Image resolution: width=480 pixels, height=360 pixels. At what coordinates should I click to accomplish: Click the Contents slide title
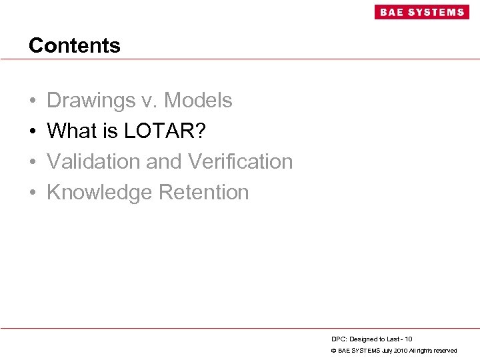(x=75, y=45)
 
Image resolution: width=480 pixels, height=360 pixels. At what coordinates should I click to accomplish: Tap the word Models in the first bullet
(x=198, y=101)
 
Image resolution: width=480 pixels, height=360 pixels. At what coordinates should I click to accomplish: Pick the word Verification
(x=241, y=162)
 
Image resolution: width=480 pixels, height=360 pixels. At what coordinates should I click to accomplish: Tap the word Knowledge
(x=99, y=193)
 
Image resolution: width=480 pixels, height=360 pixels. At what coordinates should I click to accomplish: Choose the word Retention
(x=203, y=193)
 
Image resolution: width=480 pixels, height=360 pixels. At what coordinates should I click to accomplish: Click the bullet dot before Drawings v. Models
(x=33, y=101)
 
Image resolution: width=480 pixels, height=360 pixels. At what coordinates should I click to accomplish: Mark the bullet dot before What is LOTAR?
(x=33, y=132)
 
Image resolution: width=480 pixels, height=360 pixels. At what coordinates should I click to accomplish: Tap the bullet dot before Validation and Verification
(x=33, y=163)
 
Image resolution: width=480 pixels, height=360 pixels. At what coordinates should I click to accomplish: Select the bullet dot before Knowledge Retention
(x=33, y=193)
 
